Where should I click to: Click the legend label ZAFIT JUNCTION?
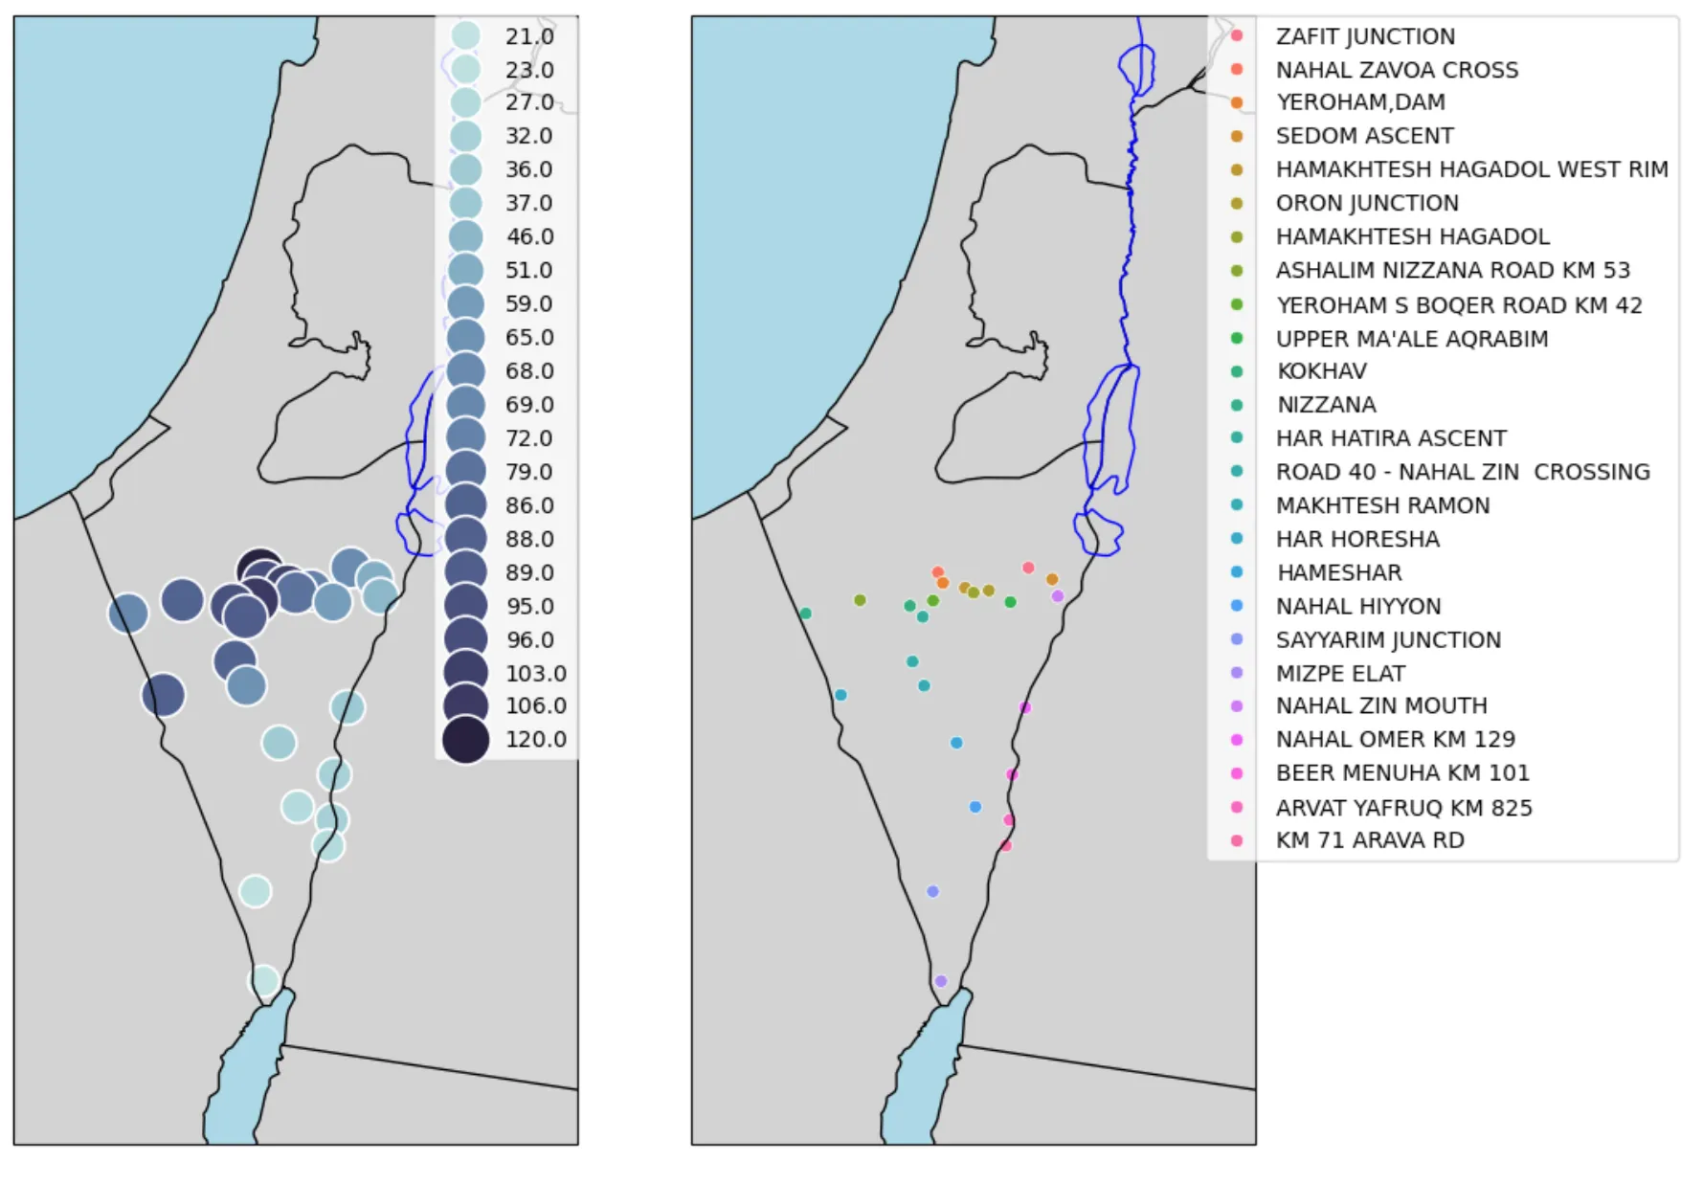pos(1364,36)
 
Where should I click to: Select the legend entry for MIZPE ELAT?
pos(1339,673)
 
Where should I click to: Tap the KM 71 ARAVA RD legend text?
pos(1369,840)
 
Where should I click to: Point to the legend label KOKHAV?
pos(1321,371)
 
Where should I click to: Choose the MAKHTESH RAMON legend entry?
pos(1381,505)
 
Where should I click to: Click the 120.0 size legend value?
pos(535,740)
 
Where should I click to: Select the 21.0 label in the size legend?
pos(529,36)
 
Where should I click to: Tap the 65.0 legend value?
pos(529,338)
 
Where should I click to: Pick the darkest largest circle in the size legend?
pos(466,740)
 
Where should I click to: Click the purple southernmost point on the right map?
pos(940,981)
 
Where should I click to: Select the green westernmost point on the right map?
pos(805,614)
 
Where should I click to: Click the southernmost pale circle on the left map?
pos(263,980)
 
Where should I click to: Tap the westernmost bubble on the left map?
pos(128,614)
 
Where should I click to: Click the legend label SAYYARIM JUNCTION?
pos(1387,639)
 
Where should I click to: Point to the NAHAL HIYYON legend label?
pos(1357,606)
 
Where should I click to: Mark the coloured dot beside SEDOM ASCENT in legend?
pos(1236,136)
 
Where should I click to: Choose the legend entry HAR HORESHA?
pos(1356,539)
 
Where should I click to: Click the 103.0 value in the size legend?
pos(535,673)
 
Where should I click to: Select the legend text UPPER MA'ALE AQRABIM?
pos(1411,339)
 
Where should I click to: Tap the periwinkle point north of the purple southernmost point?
pos(932,891)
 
